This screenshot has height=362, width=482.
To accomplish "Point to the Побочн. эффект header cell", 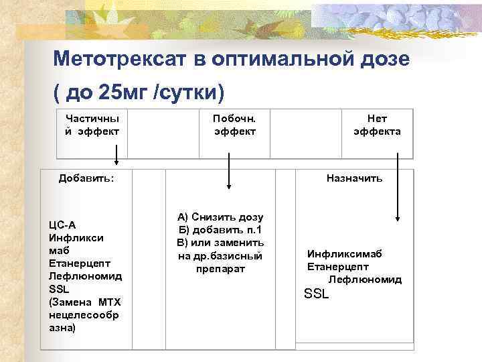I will click(234, 125).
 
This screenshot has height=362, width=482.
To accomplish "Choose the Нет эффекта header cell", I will click(377, 125).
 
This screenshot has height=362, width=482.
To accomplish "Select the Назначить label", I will click(354, 178).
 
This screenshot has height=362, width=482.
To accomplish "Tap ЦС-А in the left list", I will click(63, 225).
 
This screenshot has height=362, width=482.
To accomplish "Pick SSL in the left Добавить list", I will click(60, 288).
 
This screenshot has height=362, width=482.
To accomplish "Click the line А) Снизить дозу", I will click(220, 217).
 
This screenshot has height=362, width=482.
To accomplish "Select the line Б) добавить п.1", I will click(220, 230).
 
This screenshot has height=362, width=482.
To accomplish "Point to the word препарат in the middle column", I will click(221, 268).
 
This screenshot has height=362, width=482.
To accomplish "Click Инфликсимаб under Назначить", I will click(344, 255).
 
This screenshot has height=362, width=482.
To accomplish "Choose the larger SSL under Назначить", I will click(317, 294).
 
